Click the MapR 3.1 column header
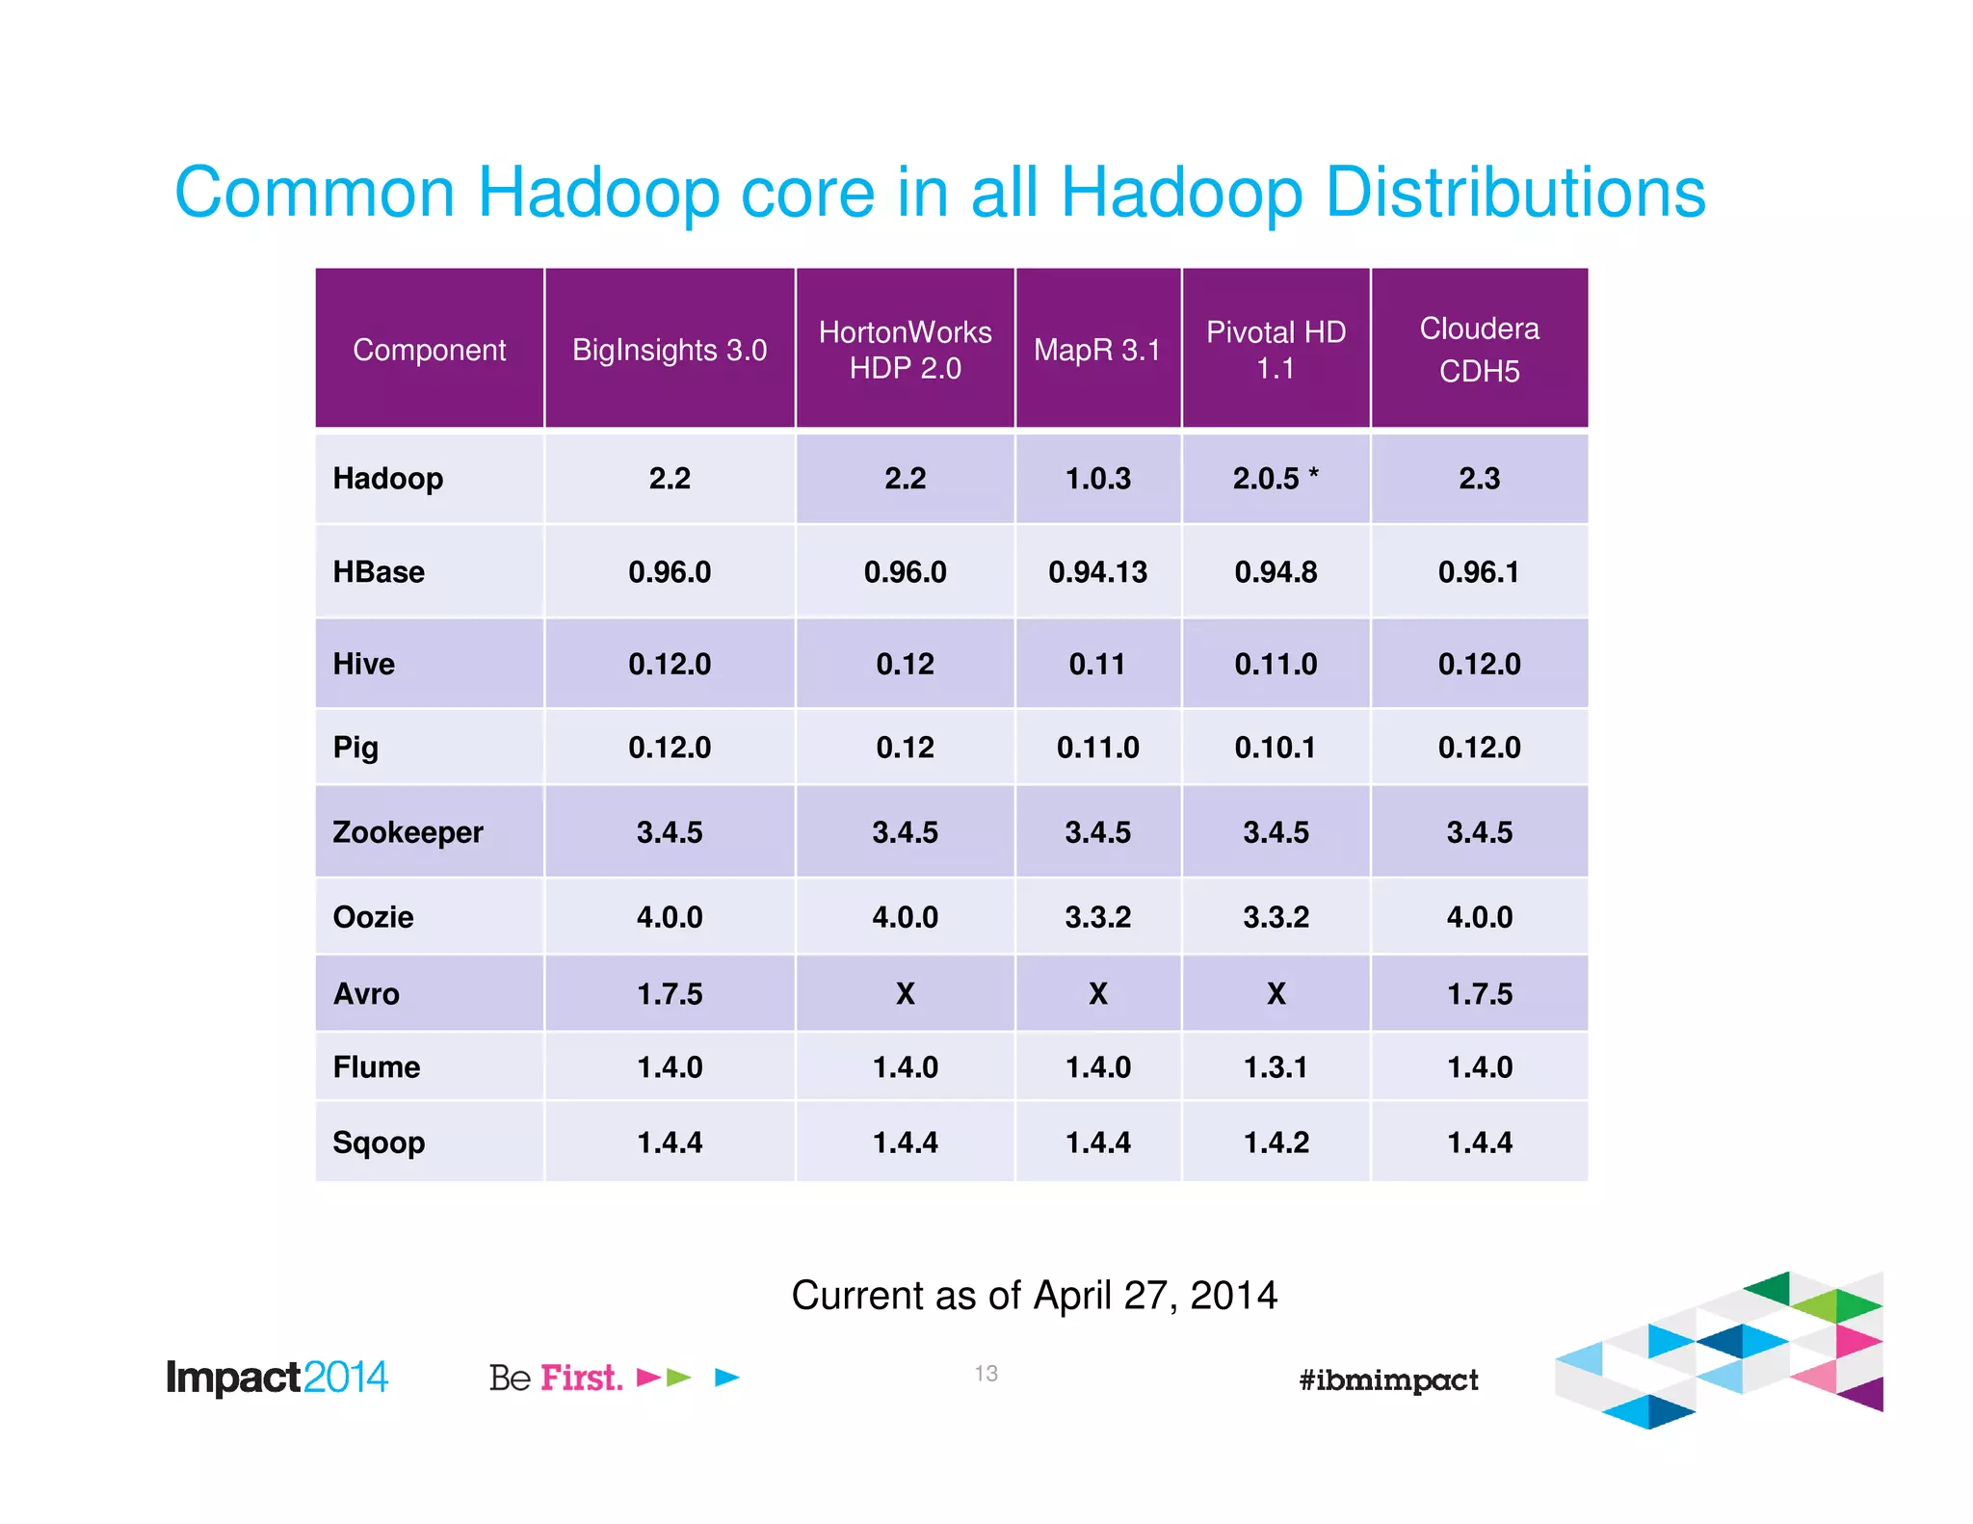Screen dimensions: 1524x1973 coord(1097,350)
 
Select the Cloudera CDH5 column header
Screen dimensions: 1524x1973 coord(1479,349)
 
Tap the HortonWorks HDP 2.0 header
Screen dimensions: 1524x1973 coord(905,350)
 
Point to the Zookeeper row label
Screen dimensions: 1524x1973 coord(408,832)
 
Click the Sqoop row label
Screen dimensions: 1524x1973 coord(379,1143)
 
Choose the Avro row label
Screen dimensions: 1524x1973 coord(366,993)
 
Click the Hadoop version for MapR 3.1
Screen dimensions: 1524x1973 coord(1097,479)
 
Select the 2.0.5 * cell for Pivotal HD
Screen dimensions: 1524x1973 coord(1276,479)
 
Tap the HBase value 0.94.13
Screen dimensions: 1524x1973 coord(1097,572)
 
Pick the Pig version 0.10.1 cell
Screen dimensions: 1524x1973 coord(1276,748)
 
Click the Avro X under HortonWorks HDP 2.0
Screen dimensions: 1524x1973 coord(905,993)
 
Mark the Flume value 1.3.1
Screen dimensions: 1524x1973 coord(1276,1067)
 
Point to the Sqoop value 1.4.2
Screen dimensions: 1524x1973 coord(1276,1143)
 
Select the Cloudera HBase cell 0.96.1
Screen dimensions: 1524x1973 coord(1479,572)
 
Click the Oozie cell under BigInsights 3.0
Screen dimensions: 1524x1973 coord(670,917)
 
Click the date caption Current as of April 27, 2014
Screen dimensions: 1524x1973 coord(1034,1296)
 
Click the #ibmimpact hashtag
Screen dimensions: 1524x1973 coord(1388,1379)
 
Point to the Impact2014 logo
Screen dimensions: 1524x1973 coord(277,1378)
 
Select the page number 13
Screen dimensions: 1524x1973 coord(986,1374)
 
